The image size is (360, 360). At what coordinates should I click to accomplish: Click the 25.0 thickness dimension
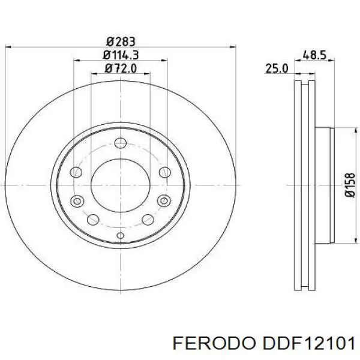click(277, 69)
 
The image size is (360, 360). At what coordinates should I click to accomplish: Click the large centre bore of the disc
click(120, 185)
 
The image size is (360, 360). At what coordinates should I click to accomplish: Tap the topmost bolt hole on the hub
click(120, 143)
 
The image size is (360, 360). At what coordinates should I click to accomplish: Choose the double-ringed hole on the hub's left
click(77, 201)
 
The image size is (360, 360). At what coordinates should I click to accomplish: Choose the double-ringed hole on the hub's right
click(163, 201)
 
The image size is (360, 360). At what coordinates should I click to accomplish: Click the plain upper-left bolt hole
click(76, 173)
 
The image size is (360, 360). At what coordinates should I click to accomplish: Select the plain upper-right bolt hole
click(164, 173)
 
